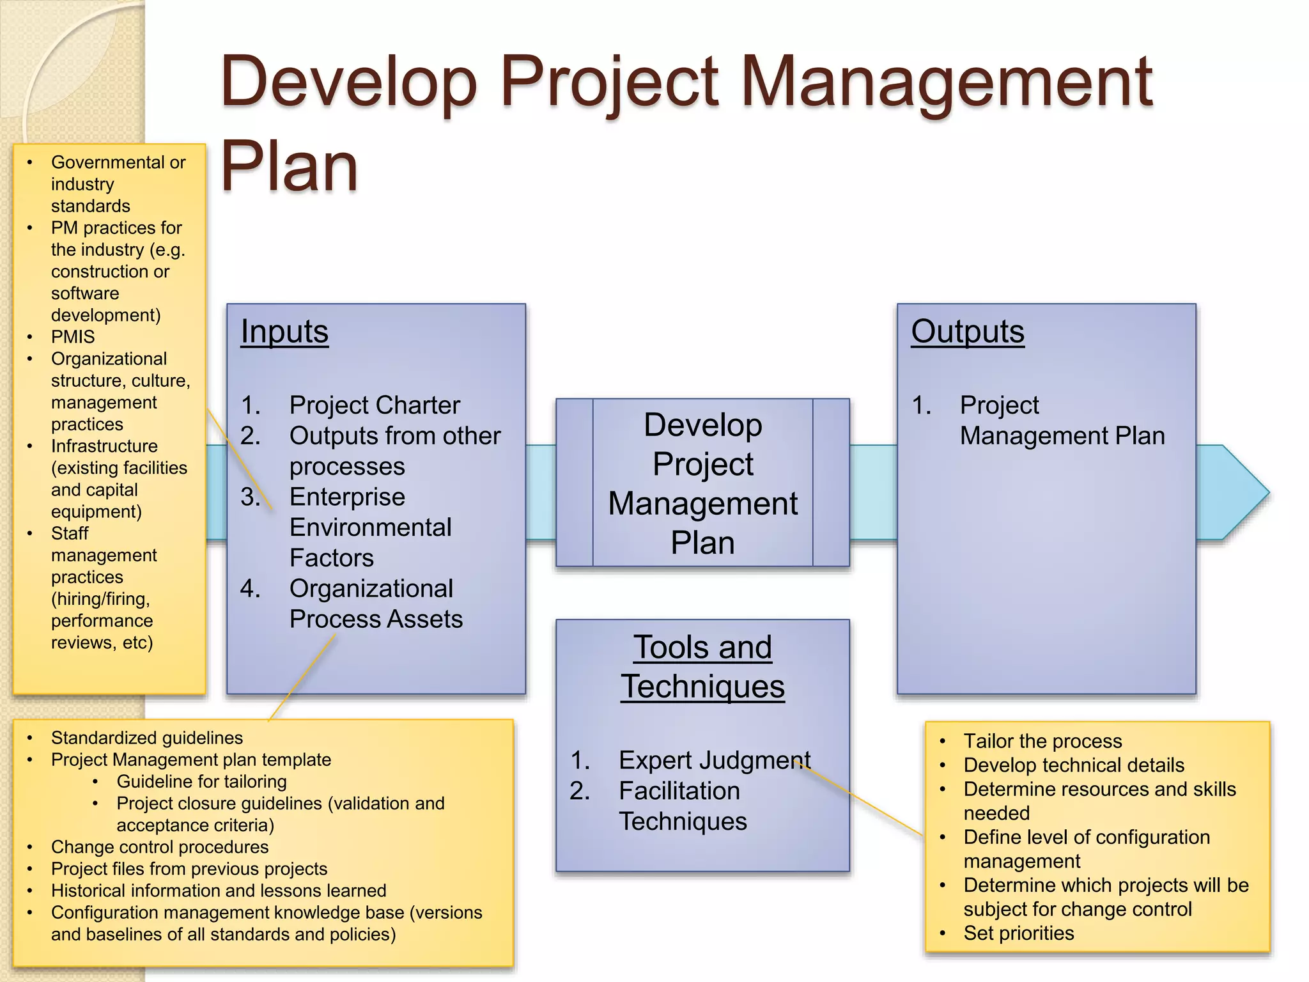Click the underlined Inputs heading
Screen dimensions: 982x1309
pyautogui.click(x=284, y=332)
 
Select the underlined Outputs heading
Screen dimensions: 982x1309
pyautogui.click(x=967, y=332)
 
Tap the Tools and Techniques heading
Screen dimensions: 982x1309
pyautogui.click(x=702, y=667)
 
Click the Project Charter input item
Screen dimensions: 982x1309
pyautogui.click(x=375, y=405)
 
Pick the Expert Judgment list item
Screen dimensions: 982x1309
pyautogui.click(x=714, y=760)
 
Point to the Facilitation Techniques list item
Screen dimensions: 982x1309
pyautogui.click(x=682, y=806)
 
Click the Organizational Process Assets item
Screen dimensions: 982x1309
pyautogui.click(x=375, y=604)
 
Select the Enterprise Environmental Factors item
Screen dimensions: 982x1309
pyautogui.click(x=370, y=527)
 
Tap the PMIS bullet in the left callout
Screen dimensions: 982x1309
pyautogui.click(x=73, y=337)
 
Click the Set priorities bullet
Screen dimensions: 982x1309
pyautogui.click(x=1018, y=933)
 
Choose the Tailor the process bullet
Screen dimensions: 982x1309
pyautogui.click(x=1042, y=741)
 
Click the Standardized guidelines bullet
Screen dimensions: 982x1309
pyautogui.click(x=147, y=738)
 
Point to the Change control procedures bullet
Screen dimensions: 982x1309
pyautogui.click(x=160, y=847)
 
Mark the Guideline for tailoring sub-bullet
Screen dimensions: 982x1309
pyautogui.click(x=201, y=781)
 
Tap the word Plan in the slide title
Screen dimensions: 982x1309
pyautogui.click(x=289, y=168)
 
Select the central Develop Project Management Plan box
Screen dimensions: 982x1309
pyautogui.click(x=702, y=483)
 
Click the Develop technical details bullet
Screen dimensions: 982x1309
pyautogui.click(x=1074, y=765)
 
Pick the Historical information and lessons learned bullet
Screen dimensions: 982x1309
pyautogui.click(x=219, y=891)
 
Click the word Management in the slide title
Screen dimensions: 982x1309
pyautogui.click(x=946, y=82)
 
